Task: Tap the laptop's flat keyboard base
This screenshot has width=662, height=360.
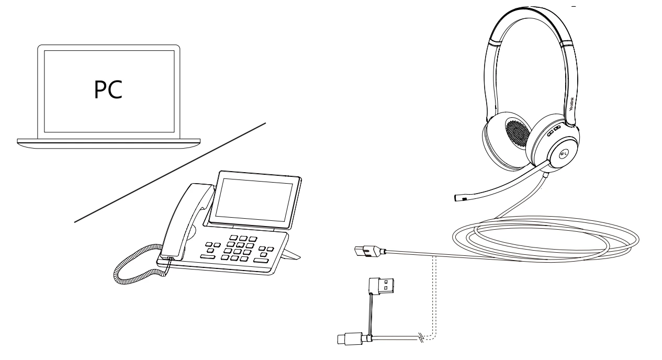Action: tap(108, 141)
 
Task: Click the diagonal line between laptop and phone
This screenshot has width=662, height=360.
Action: tap(170, 173)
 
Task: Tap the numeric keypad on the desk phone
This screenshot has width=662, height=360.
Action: tap(236, 249)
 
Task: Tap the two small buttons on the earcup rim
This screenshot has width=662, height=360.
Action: tap(554, 129)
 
